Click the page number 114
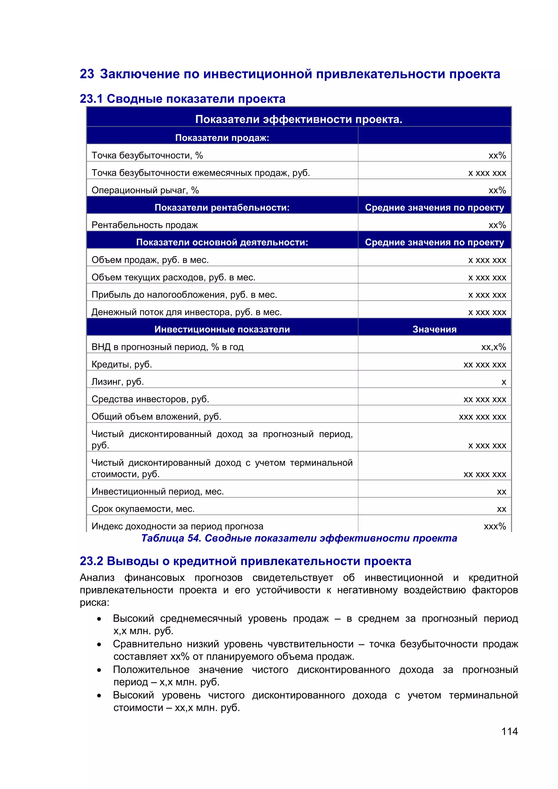(509, 731)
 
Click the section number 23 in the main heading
(87, 74)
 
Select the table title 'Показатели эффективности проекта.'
(299, 119)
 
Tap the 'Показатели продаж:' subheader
(222, 138)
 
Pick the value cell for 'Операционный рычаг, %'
(497, 190)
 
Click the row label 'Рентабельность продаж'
(145, 225)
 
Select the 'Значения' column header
(434, 329)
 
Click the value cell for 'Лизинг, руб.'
(503, 382)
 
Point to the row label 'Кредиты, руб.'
(122, 364)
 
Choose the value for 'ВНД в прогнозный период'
(493, 347)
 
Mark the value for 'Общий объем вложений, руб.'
(483, 417)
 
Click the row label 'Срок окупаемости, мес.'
(143, 509)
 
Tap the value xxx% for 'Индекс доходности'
(495, 526)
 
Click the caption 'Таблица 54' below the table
(299, 538)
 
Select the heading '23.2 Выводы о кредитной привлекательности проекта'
(245, 561)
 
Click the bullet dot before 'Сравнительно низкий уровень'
(99, 645)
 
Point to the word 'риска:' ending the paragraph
(95, 602)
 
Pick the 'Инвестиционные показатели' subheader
(222, 329)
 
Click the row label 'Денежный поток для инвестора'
(186, 312)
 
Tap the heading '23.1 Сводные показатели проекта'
(183, 99)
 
